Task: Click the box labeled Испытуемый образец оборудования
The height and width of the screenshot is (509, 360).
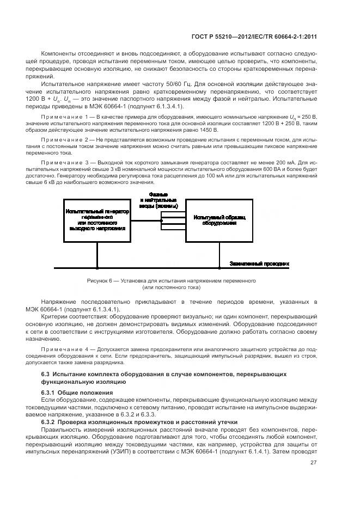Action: click(x=219, y=220)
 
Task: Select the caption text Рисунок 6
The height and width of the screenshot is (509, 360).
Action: click(x=99, y=281)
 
